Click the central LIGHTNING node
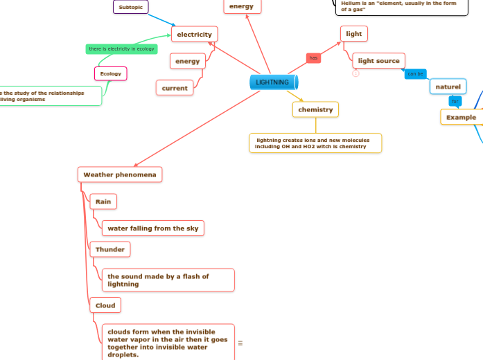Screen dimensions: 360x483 pos(273,82)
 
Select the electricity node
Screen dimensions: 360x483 pos(194,34)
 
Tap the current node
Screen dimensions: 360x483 pos(175,88)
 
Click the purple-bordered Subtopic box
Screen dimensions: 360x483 pos(130,7)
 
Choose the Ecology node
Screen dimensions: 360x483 pos(111,73)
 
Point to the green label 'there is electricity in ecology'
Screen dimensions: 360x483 pos(121,48)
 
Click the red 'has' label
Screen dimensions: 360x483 pos(313,58)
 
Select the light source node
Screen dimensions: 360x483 pos(378,61)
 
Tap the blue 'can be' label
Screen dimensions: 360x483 pos(416,73)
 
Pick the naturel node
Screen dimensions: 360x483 pos(448,87)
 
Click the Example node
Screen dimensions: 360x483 pos(461,117)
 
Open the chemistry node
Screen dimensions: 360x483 pos(315,109)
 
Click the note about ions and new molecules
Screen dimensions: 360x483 pos(315,143)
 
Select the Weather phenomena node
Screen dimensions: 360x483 pos(121,174)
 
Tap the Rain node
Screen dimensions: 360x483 pos(103,201)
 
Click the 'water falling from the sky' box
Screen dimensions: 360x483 pos(153,228)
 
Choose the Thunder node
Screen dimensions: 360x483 pos(109,249)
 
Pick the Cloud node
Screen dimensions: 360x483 pos(105,305)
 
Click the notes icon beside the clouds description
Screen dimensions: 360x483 pos(240,343)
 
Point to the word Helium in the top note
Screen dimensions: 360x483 pos(351,3)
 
